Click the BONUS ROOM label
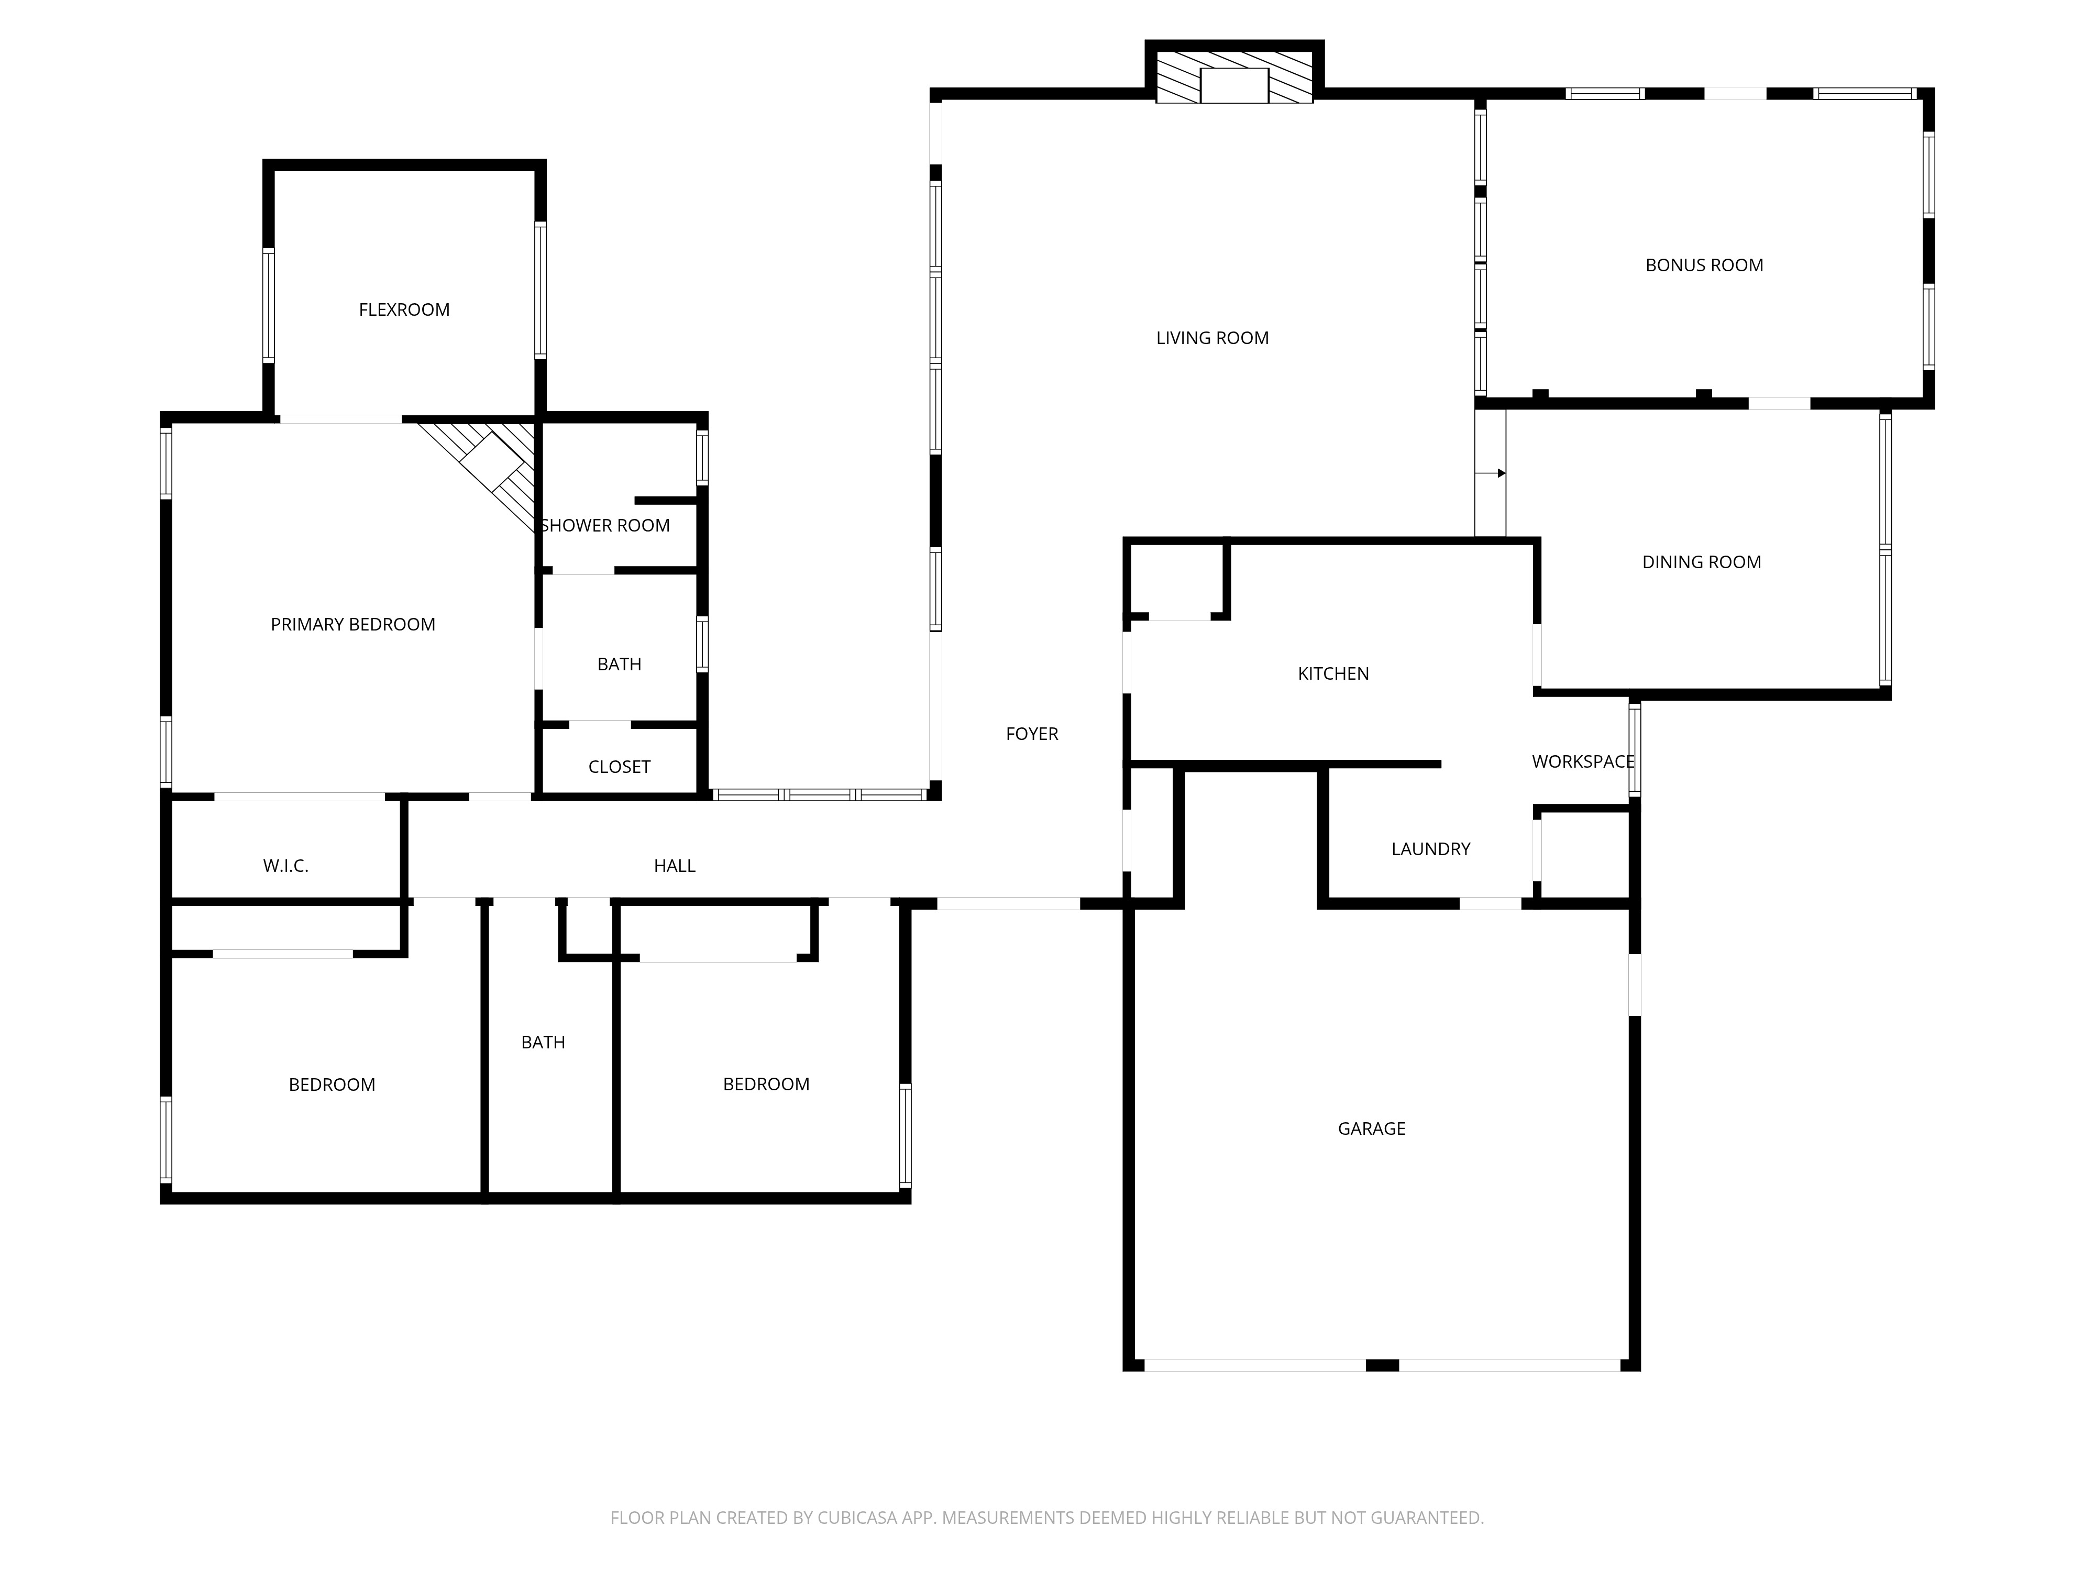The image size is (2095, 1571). pos(1704,265)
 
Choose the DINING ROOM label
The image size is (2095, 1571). pos(1701,561)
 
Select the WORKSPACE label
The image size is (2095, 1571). pos(1583,761)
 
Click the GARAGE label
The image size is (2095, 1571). pos(1371,1128)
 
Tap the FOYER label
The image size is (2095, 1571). pos(1031,733)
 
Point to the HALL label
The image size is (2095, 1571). pos(675,866)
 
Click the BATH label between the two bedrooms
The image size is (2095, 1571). pos(543,1042)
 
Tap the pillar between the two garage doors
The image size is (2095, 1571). pos(1382,1365)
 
